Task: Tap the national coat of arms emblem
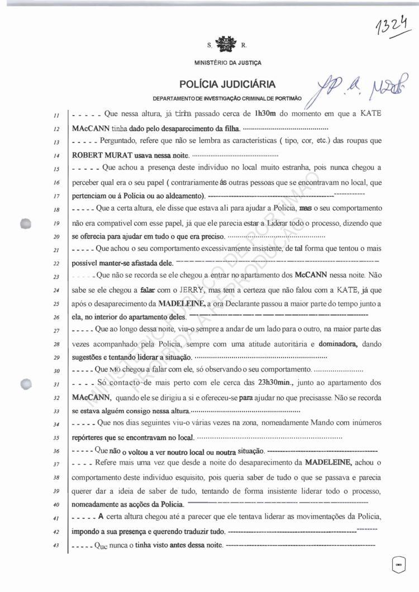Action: point(227,43)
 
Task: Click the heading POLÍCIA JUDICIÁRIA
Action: point(227,84)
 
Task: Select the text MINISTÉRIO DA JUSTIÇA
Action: point(227,63)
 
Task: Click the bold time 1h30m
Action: point(266,113)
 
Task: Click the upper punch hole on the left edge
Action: point(25,222)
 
